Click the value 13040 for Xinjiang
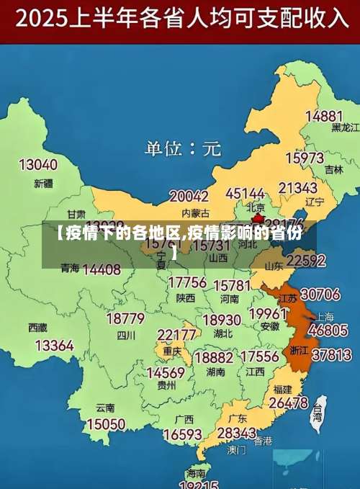37,165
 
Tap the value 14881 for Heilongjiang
323,115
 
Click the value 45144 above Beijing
245,194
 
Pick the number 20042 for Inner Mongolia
189,197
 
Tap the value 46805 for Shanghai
328,331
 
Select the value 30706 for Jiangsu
320,295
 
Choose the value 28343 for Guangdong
236,433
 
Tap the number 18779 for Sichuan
125,318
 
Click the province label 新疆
43,183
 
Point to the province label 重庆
172,351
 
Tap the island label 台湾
318,416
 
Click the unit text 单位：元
182,149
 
